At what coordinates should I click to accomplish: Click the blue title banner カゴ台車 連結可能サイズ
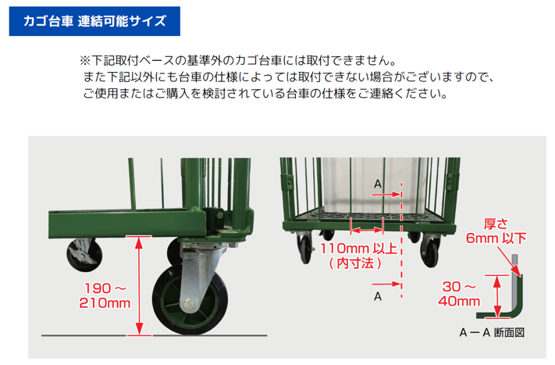[94, 21]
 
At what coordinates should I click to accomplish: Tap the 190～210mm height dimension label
[105, 295]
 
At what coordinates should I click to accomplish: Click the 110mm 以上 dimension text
[358, 249]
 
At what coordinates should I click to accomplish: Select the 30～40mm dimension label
[459, 294]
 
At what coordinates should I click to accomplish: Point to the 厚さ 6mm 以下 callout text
[496, 231]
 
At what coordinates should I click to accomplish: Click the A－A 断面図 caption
[492, 332]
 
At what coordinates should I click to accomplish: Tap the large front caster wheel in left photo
[190, 300]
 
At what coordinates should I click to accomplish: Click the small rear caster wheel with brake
[84, 255]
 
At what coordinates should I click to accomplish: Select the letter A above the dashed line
[378, 184]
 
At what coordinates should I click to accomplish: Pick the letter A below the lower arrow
[378, 296]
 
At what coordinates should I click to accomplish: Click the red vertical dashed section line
[401, 240]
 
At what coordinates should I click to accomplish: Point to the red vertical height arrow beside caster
[139, 285]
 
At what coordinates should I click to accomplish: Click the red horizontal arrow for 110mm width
[367, 231]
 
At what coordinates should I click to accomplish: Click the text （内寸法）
[355, 263]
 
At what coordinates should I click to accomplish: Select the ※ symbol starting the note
[85, 61]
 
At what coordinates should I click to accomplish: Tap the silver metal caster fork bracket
[200, 273]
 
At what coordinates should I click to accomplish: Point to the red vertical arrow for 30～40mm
[497, 296]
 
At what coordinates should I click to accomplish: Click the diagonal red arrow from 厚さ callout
[509, 262]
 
